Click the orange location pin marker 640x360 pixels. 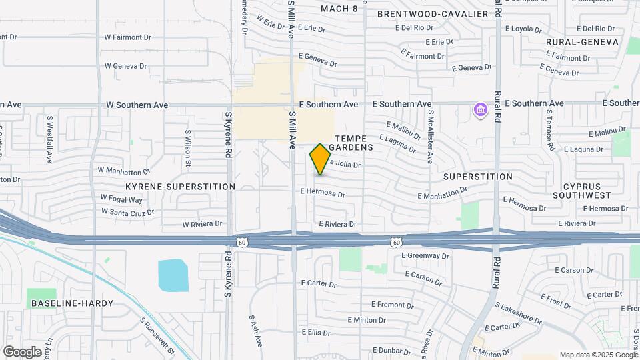[321, 159]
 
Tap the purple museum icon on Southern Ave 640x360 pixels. [479, 110]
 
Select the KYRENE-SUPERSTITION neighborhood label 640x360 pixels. [180, 187]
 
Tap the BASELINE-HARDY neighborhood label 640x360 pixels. [72, 303]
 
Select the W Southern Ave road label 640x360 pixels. [137, 105]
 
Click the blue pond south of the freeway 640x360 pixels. [173, 275]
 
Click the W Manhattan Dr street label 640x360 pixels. [123, 171]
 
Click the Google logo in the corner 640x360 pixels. [22, 352]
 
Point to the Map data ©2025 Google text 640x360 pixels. [598, 355]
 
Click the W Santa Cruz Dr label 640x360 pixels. [128, 211]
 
